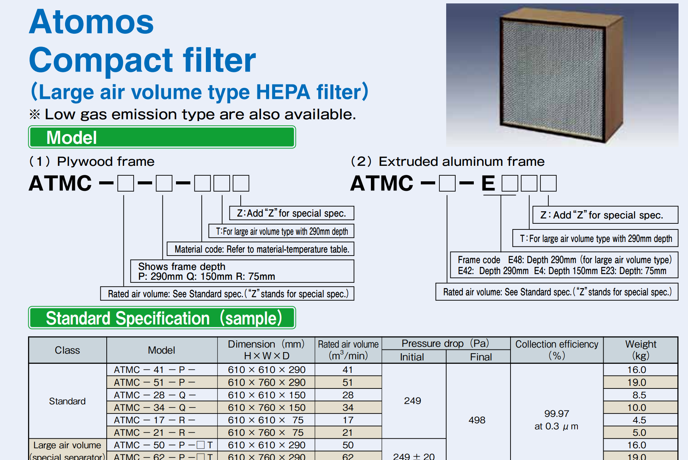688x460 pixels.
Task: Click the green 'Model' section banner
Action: tap(162, 137)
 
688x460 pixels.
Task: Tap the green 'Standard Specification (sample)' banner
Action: tap(162, 318)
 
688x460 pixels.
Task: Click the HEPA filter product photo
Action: tap(562, 75)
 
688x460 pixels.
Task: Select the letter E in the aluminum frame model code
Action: tap(488, 183)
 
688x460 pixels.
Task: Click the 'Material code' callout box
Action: tap(260, 249)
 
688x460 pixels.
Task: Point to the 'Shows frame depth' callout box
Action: tap(242, 271)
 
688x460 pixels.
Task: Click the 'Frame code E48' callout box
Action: tap(564, 265)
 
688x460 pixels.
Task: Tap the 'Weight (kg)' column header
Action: tap(640, 350)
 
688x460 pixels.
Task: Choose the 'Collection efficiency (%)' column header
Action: tap(557, 350)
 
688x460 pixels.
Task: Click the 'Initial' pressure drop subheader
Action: tap(412, 357)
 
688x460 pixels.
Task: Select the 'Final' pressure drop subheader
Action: tap(481, 357)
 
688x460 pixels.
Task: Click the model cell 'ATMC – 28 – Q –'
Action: tap(155, 395)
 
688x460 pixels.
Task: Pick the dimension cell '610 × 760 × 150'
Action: tap(267, 407)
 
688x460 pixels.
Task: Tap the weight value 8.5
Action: tap(639, 395)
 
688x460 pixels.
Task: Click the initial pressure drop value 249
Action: tap(412, 401)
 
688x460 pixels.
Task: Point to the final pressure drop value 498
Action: tap(477, 420)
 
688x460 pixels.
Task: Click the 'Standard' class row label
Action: tap(67, 401)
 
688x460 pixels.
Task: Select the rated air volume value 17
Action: tap(348, 420)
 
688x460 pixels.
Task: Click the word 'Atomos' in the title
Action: tap(92, 22)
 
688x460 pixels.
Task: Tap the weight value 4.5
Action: tap(639, 420)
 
